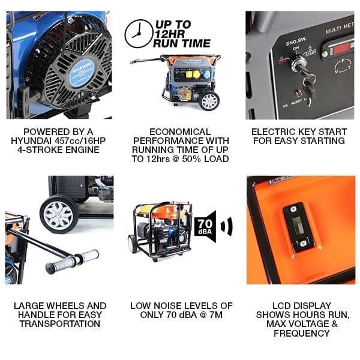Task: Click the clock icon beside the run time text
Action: point(139,34)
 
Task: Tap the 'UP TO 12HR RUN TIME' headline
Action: point(182,34)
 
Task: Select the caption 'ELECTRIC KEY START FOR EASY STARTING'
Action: point(298,136)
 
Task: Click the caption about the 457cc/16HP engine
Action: point(59,141)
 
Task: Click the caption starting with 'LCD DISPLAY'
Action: point(298,319)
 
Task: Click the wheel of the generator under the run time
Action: point(209,100)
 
